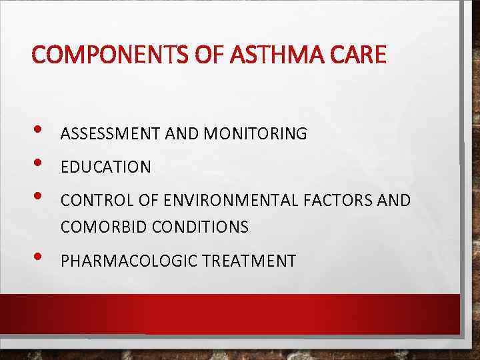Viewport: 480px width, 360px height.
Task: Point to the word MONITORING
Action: [255, 134]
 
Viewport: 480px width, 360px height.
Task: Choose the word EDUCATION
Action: [106, 167]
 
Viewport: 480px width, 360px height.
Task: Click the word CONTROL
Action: [91, 201]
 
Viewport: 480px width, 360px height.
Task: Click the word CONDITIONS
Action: [201, 227]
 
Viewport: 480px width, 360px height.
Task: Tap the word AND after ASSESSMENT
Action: [182, 134]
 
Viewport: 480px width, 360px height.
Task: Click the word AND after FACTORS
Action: [394, 201]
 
